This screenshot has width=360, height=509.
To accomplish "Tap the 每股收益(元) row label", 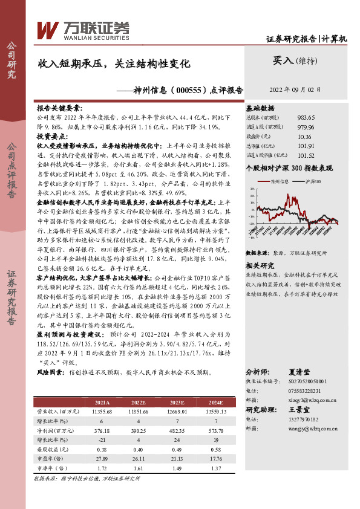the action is tap(51, 449).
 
